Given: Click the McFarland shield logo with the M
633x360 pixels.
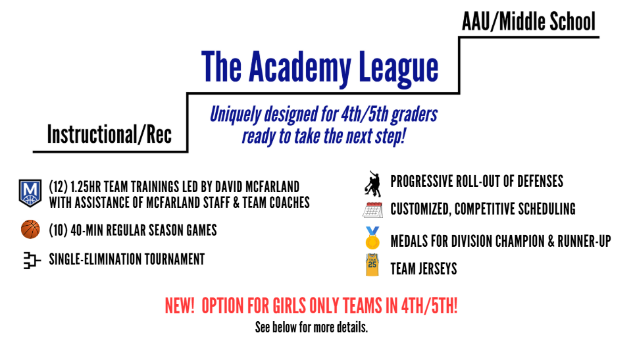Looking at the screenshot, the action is (30, 193).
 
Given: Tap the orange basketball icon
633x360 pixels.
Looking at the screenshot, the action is (30, 229).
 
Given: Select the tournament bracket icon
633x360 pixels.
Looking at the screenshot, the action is (32, 261).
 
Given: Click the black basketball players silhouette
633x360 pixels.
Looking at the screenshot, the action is (373, 184).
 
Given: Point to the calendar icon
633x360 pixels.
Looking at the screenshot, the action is (372, 210).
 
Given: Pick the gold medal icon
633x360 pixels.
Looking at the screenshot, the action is (372, 238).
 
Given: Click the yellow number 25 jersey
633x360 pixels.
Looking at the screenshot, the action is (372, 265).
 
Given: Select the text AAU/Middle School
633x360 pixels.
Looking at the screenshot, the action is (528, 22).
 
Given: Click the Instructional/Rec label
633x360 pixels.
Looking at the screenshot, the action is (109, 134).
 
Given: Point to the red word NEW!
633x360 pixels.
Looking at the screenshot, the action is (180, 306).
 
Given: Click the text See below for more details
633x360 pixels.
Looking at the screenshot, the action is (311, 327).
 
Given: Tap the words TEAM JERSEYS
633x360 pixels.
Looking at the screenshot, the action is (424, 269).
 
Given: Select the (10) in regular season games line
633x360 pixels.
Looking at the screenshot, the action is (58, 230).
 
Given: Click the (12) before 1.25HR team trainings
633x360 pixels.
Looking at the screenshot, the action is (58, 187).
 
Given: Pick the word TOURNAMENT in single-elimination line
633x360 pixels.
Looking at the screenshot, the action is (174, 259).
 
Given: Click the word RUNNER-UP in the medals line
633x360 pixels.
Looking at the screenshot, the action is (584, 242).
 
